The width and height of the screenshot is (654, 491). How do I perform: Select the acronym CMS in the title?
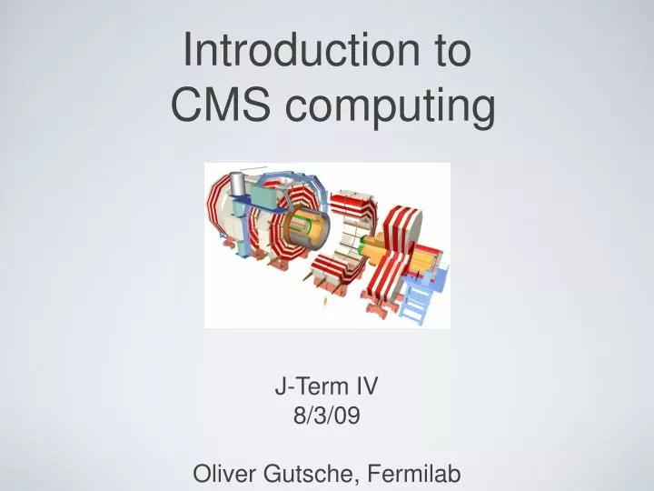[221, 107]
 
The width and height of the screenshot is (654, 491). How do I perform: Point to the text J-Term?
[306, 386]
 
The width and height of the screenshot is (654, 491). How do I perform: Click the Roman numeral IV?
[365, 386]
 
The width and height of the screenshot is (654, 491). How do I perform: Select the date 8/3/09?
[327, 416]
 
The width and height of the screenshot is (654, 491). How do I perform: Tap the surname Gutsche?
[304, 474]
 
